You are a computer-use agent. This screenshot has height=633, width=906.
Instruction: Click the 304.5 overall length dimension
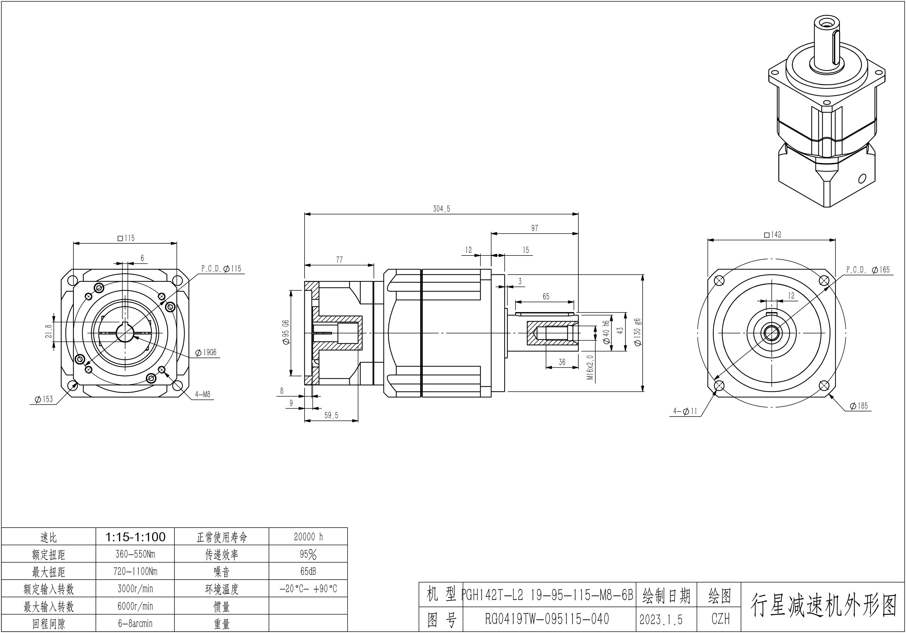point(441,209)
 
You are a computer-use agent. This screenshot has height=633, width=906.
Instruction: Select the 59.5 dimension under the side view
point(331,416)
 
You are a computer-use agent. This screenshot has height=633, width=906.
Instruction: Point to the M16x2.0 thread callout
point(590,367)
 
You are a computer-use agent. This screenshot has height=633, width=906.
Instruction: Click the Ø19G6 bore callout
point(206,353)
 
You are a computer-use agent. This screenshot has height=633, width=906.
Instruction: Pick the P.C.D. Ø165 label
point(868,270)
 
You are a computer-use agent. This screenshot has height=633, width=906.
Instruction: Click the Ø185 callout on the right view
point(859,406)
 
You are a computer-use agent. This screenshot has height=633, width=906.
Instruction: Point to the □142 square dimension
point(773,234)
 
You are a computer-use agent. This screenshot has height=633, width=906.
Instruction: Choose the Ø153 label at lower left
point(43,399)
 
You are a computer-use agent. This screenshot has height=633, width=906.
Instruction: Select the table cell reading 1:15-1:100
point(135,537)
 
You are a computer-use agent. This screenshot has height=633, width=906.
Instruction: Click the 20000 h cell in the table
point(308,537)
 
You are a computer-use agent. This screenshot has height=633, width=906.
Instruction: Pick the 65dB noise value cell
point(308,571)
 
